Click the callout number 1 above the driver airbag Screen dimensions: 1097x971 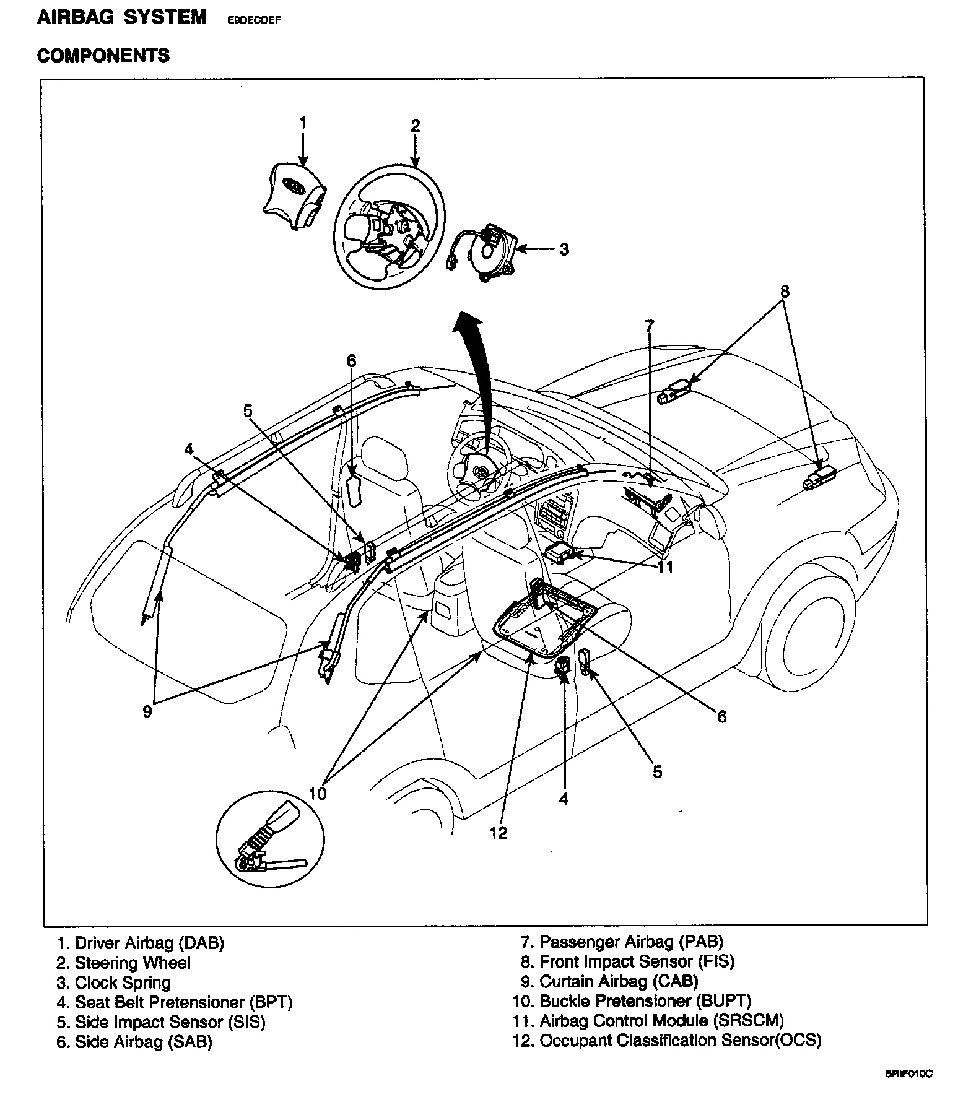303,123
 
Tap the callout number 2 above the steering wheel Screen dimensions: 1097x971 416,126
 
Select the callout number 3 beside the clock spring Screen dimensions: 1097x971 564,249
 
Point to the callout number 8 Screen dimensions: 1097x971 785,290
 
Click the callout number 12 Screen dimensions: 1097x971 499,833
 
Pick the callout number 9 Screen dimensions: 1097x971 147,711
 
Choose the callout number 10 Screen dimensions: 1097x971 318,794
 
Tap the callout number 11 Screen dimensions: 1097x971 664,566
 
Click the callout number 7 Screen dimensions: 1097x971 649,326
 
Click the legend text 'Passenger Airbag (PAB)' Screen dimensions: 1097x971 631,942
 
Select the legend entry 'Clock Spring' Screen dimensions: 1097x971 123,982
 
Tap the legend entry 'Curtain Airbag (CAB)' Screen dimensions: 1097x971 619,981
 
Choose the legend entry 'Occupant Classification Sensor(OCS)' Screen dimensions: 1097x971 680,1041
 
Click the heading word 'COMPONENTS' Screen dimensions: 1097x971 103,56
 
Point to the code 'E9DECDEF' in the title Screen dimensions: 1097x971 255,20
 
